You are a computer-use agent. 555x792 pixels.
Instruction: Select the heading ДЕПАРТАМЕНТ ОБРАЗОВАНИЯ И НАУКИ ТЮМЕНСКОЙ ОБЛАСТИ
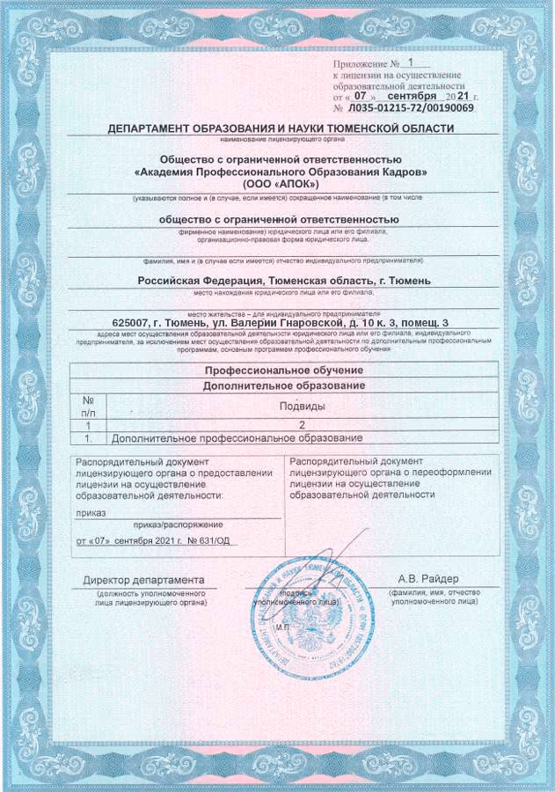pyautogui.click(x=281, y=128)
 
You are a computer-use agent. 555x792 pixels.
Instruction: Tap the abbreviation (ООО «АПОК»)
pyautogui.click(x=281, y=186)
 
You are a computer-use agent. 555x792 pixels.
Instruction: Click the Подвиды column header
pyautogui.click(x=302, y=406)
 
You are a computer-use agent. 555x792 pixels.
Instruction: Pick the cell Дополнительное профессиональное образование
pyautogui.click(x=237, y=437)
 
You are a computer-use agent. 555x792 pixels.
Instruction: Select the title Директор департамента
pyautogui.click(x=143, y=580)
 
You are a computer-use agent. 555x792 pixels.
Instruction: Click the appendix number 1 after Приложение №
pyautogui.click(x=412, y=63)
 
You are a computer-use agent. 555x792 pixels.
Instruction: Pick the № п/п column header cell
pyautogui.click(x=88, y=406)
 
